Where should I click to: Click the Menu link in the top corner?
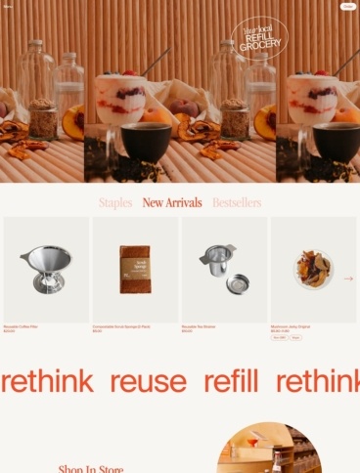coord(9,6)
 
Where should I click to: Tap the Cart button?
coord(347,6)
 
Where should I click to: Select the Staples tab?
coord(115,203)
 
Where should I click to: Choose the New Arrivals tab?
coord(172,203)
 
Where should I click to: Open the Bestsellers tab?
coord(237,203)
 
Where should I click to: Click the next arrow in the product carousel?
coord(349,279)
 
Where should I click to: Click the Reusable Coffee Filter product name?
coord(22,326)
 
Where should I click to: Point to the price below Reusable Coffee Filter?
coord(10,331)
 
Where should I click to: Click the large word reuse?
coord(148,381)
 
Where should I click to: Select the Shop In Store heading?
coord(91,469)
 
